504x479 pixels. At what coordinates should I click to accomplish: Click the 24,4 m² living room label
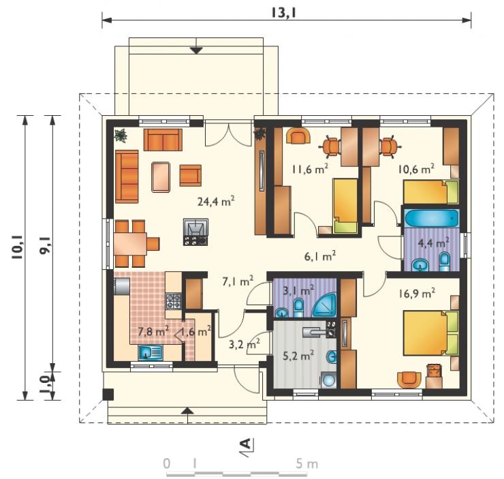(216, 201)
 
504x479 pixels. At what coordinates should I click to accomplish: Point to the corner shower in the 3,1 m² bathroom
(324, 305)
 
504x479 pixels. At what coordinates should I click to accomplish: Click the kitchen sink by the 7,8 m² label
(151, 352)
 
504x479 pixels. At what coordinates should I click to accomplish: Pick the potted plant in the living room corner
(121, 135)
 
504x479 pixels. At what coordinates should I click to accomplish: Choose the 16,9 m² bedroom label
(417, 293)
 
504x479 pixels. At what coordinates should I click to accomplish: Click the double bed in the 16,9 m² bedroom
(431, 333)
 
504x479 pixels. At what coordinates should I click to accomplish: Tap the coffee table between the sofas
(161, 176)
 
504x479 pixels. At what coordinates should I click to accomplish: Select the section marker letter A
(246, 444)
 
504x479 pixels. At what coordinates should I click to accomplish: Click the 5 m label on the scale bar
(306, 463)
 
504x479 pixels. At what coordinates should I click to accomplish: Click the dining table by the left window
(130, 244)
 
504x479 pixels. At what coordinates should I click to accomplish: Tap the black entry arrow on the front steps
(188, 411)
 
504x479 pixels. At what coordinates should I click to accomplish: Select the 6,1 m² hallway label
(320, 256)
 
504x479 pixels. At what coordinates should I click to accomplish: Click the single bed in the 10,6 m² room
(431, 192)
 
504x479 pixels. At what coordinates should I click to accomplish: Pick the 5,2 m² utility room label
(298, 356)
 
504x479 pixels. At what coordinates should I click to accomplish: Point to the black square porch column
(108, 395)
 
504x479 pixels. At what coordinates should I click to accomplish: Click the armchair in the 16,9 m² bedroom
(409, 380)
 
